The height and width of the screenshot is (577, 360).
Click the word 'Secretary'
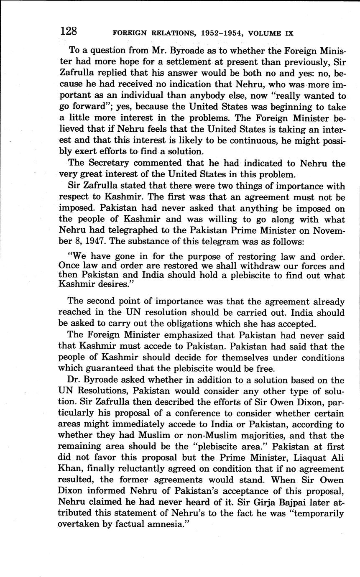coord(105,163)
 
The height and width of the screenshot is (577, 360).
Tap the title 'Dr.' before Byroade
coord(74,380)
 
